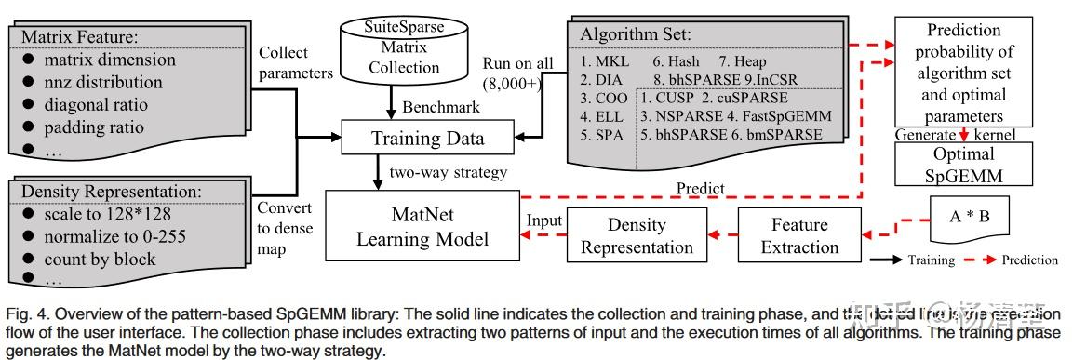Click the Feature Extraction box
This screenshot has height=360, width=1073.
799,235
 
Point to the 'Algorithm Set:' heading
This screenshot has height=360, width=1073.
643,34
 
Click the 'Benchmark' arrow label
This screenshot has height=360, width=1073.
441,106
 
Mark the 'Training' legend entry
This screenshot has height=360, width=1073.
931,260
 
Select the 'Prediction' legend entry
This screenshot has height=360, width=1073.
1028,260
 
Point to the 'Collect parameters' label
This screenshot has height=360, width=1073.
295,62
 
